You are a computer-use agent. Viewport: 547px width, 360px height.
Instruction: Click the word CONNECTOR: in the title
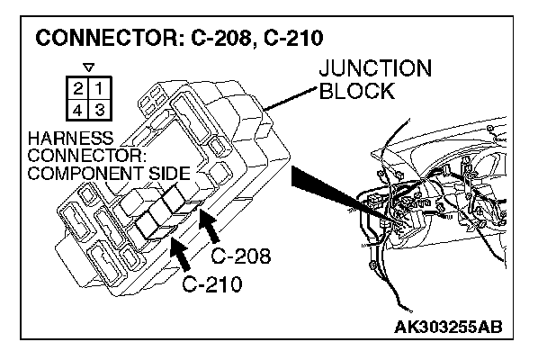coord(102,39)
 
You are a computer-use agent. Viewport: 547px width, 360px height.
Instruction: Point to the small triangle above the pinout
coord(87,67)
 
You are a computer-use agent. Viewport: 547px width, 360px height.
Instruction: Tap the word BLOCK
coord(357,91)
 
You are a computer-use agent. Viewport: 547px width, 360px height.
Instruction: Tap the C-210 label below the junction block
coord(213,285)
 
